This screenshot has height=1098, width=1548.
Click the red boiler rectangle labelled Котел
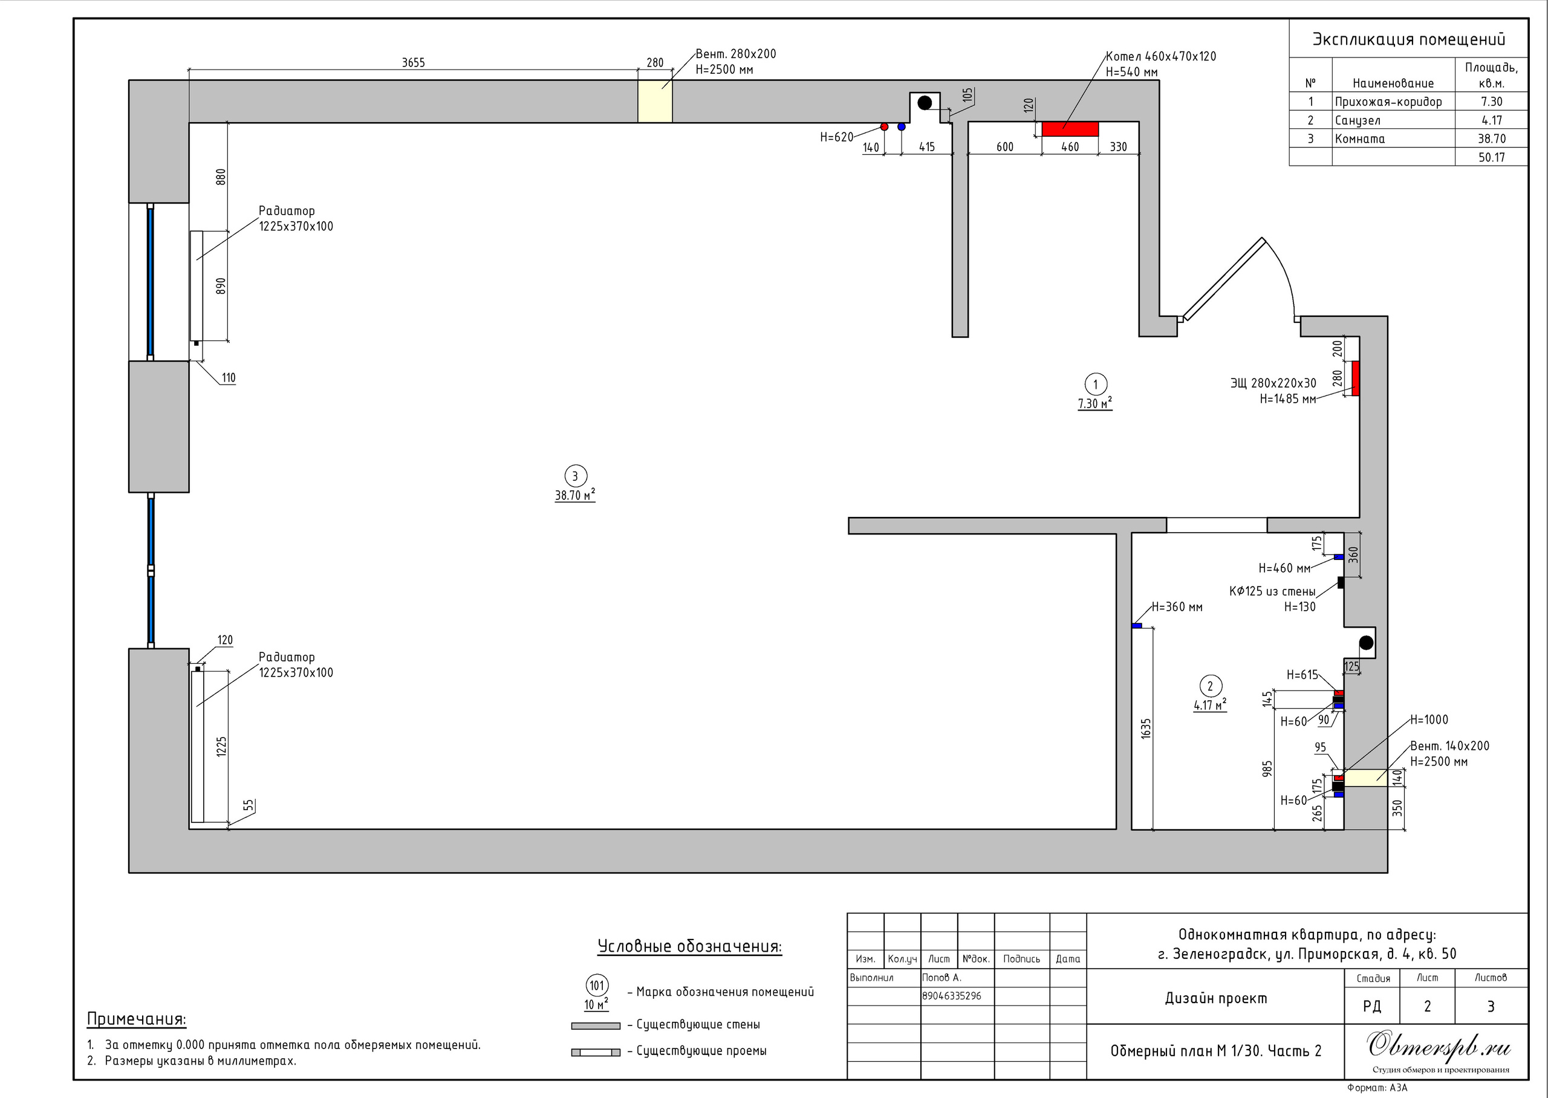1070,128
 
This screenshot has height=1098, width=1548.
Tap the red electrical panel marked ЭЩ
1355,378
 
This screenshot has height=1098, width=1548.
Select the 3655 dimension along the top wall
413,63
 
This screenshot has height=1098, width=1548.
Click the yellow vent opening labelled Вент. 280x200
655,102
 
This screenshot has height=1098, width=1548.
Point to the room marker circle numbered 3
575,476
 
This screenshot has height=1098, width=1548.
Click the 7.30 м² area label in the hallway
1095,404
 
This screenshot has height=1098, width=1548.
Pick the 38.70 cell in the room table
1491,138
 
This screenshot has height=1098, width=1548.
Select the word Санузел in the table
1358,120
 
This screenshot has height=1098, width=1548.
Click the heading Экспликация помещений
1409,39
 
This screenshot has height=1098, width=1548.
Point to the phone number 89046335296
952,996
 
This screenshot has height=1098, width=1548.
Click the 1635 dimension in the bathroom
1146,728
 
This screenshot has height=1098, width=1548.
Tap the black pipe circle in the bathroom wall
1366,642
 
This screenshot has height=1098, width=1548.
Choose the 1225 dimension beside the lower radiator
222,747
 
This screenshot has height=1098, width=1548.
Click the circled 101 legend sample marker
597,985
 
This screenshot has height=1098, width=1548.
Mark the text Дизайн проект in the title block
1215,999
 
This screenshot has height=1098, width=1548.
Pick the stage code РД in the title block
1372,1006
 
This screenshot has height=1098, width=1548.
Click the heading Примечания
137,1019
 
